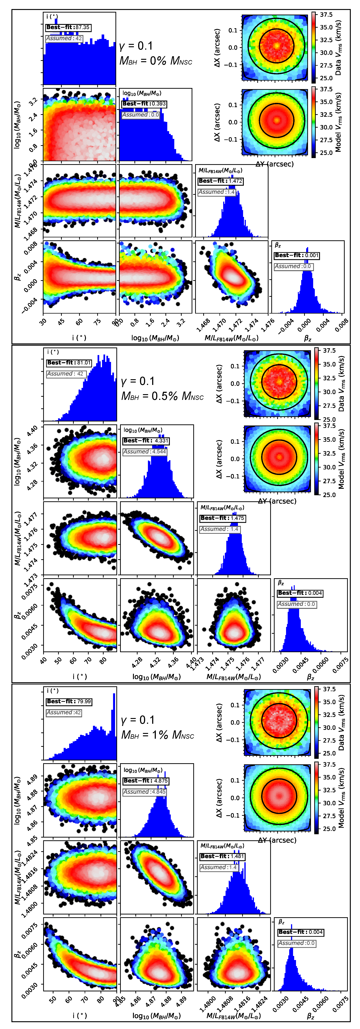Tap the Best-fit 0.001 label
pos(297,255)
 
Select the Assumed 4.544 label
pos(145,452)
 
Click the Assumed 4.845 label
pos(145,792)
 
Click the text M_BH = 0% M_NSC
pos(156,61)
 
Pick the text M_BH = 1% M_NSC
pos(157,735)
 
